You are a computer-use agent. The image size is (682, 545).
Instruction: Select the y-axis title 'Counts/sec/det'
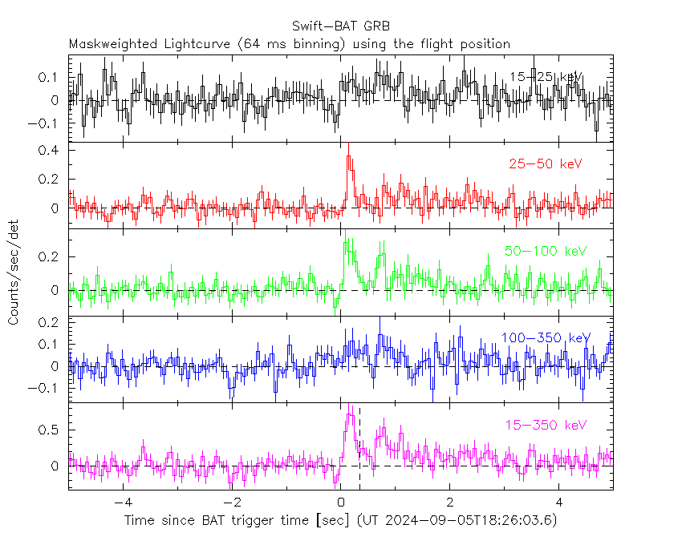tap(14, 272)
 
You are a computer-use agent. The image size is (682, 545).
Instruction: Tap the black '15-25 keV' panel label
tap(546, 76)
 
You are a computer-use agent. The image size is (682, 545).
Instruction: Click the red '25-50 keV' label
tap(545, 163)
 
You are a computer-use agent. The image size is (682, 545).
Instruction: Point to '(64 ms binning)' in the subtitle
tap(288, 43)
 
